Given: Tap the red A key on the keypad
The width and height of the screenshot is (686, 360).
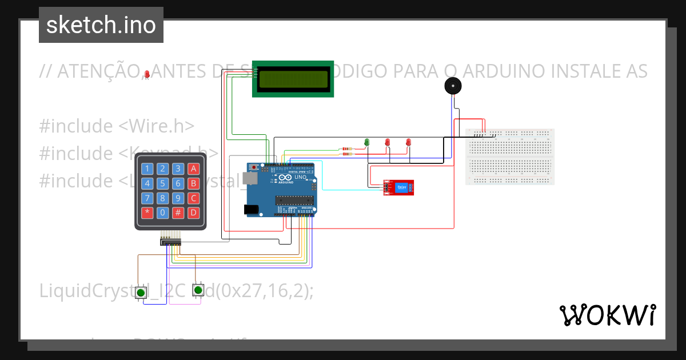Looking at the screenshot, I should click(194, 169).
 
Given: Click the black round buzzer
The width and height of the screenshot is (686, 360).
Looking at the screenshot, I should click(453, 86).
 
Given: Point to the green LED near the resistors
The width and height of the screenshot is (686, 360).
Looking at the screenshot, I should click(367, 142).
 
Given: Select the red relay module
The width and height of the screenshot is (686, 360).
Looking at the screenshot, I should click(399, 187).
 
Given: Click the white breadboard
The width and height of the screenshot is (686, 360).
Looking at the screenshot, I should click(510, 157).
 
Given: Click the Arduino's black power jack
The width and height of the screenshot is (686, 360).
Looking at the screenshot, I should click(251, 210).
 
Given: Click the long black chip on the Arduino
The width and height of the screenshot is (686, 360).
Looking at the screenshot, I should click(294, 199).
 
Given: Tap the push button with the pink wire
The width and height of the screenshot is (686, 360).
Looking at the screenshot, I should click(198, 291).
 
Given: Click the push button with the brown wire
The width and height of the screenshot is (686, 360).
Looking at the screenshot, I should click(141, 293).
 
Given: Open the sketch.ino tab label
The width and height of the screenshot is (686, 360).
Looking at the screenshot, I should click(101, 25).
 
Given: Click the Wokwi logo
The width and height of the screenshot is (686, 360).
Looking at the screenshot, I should click(608, 315).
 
